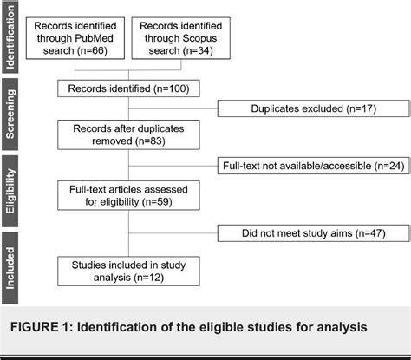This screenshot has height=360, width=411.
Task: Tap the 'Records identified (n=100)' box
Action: click(129, 88)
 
